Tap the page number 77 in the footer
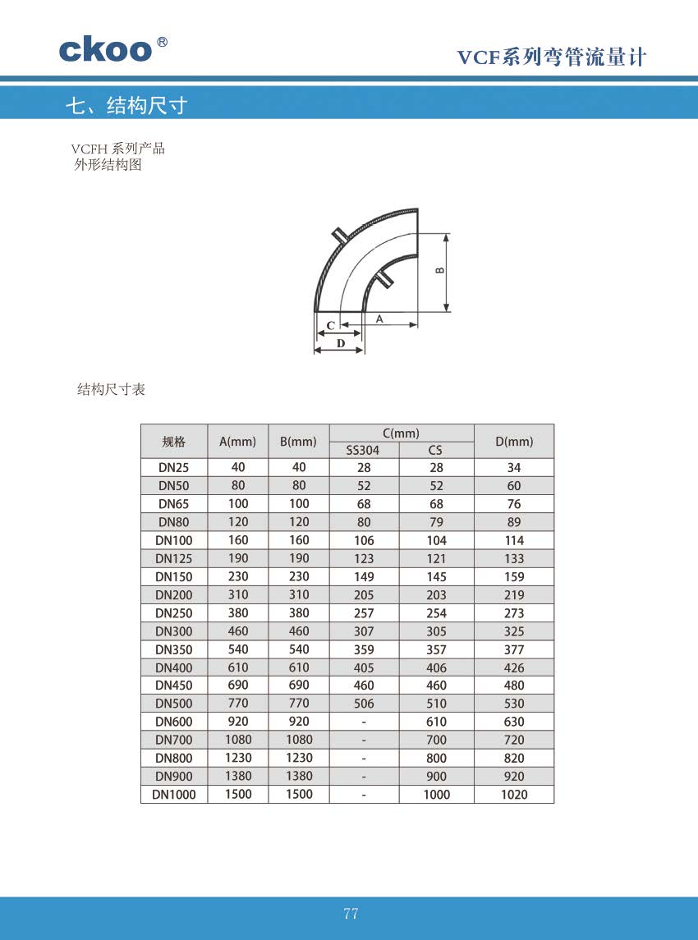coord(351,914)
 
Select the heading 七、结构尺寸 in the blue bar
coord(126,105)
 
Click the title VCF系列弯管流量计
coord(552,57)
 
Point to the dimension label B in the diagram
coord(440,270)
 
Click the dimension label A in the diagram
coord(379,318)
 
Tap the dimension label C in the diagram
coord(330,325)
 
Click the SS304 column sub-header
coord(363,450)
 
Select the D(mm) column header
coord(514,442)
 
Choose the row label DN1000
coord(174,795)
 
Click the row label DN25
coord(174,467)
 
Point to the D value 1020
coord(514,795)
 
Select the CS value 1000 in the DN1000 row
coord(436,795)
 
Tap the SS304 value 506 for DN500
coord(364,704)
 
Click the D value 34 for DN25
coord(514,467)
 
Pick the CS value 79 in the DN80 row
coord(436,522)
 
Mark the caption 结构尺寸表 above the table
coord(111,390)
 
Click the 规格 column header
coord(174,442)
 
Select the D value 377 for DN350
coord(514,649)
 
